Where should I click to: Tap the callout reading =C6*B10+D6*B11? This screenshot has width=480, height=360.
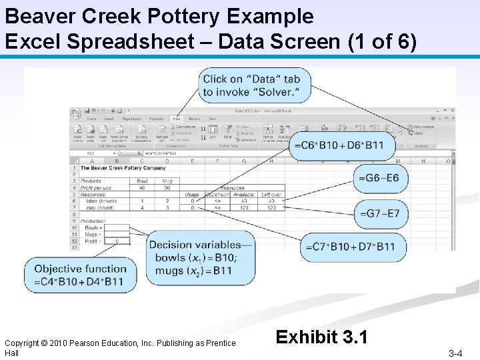tap(342, 145)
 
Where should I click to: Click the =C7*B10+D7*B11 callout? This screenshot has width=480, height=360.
tap(350, 247)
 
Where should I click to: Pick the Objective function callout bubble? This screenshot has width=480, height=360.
tap(79, 275)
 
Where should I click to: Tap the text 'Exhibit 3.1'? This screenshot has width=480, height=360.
tap(321, 337)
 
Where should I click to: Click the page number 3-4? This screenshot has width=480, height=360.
tap(456, 353)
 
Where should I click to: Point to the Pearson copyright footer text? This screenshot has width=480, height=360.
tap(120, 347)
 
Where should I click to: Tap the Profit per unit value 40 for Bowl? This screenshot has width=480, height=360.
tap(141, 187)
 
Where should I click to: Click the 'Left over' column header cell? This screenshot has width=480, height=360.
tap(271, 195)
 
